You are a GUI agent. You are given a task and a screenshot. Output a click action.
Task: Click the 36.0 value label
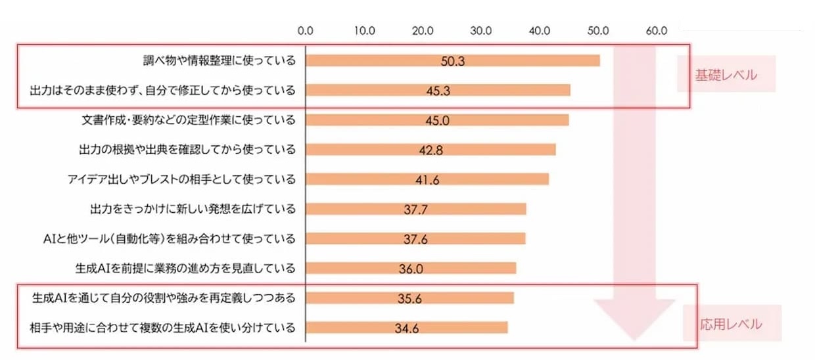(411, 268)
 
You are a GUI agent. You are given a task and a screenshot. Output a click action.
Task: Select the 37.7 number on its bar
(415, 210)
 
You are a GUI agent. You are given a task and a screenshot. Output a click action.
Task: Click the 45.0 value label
(437, 120)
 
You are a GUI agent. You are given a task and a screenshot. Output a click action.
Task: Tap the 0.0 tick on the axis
(306, 30)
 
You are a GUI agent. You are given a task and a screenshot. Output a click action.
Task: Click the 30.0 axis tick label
(481, 30)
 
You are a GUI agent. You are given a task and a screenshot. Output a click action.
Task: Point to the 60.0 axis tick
(657, 30)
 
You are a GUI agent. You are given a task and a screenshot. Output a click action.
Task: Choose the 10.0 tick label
(364, 30)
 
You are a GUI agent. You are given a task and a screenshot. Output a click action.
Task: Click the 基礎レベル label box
(726, 75)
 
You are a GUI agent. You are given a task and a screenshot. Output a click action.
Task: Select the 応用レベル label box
(731, 324)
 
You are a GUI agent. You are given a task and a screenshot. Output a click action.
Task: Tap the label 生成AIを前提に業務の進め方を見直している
(186, 268)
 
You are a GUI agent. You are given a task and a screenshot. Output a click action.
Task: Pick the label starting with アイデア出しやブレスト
(181, 179)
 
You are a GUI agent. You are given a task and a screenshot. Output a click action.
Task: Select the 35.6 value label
(409, 298)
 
